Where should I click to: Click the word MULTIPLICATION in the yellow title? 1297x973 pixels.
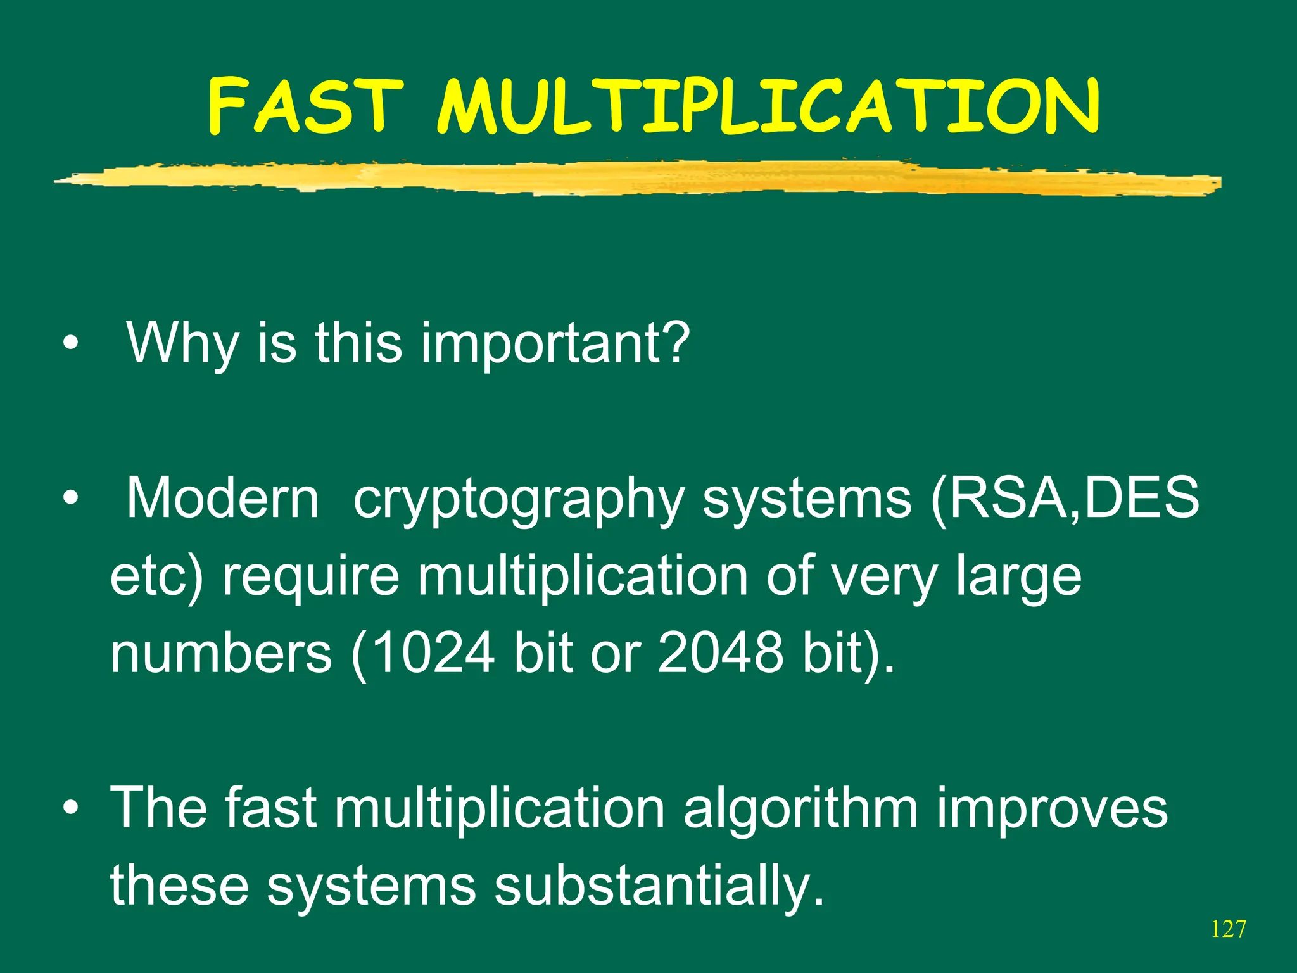[x=768, y=106]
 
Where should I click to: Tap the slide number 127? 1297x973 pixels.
[x=1228, y=929]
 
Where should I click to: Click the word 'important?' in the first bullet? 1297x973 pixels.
[x=555, y=343]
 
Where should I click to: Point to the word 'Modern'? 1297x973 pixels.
[x=223, y=499]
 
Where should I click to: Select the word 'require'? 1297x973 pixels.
[x=310, y=576]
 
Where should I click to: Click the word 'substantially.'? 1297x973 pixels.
[x=659, y=886]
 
